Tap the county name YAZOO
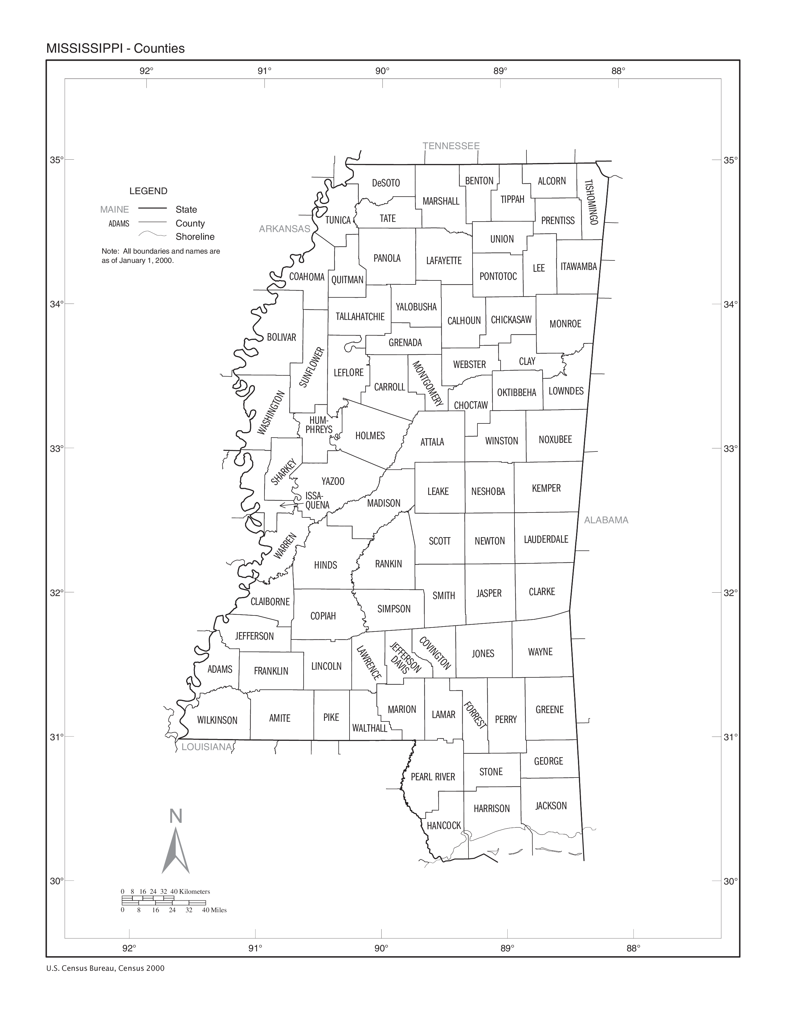pos(333,481)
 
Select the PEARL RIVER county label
pos(432,777)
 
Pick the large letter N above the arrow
pos(176,816)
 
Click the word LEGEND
pos(148,191)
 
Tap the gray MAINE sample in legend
pos(115,210)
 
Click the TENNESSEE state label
pos(451,146)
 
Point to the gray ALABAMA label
pos(606,520)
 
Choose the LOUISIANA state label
pos(206,747)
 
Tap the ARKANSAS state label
pos(285,229)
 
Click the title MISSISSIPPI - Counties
pos(116,48)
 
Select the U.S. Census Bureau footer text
pos(105,968)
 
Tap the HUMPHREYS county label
pos(319,425)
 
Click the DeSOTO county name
pos(386,183)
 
